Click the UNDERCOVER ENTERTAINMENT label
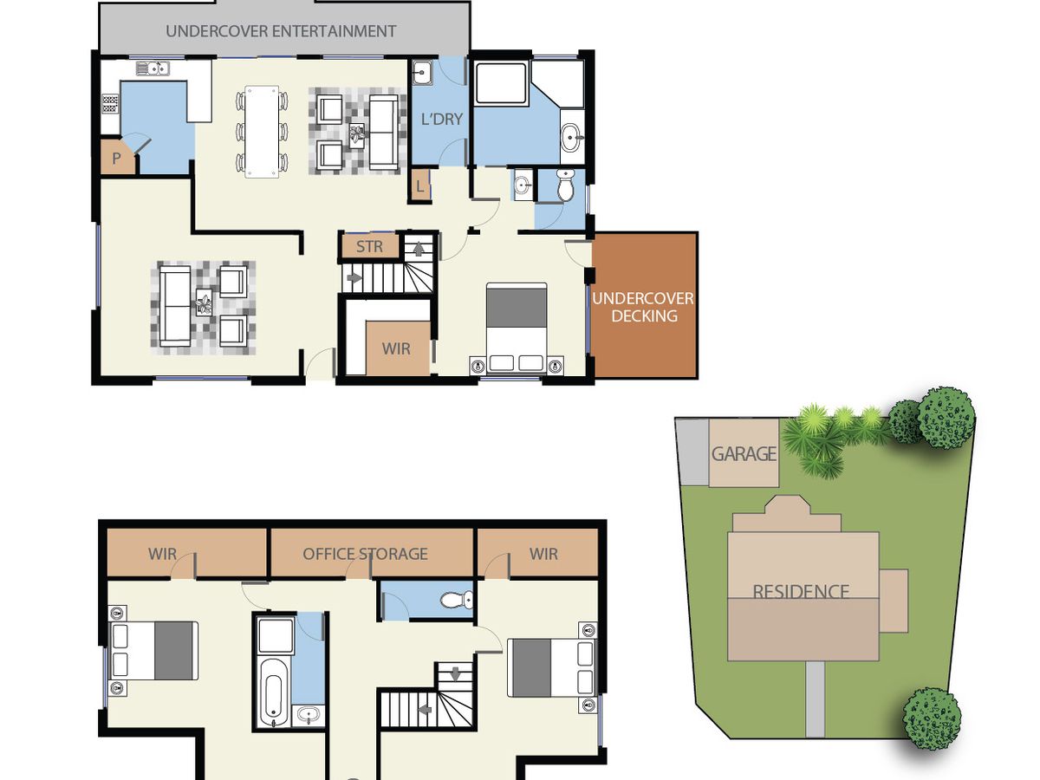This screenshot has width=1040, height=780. [x=281, y=31]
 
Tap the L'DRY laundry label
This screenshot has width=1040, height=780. [x=442, y=119]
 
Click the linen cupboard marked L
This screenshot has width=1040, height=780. [x=419, y=186]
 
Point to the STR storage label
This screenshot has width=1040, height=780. [x=369, y=246]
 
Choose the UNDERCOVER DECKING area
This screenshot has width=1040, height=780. [x=645, y=305]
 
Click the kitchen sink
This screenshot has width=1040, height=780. [x=153, y=68]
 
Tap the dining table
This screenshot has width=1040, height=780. [x=262, y=132]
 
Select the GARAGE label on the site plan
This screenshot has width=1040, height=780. [x=744, y=453]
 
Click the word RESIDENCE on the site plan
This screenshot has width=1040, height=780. [x=801, y=591]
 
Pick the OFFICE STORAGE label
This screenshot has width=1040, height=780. [x=365, y=554]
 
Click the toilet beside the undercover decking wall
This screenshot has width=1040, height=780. [x=565, y=185]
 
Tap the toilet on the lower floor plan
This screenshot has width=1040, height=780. [x=457, y=600]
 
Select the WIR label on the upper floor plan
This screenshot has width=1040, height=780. [x=396, y=349]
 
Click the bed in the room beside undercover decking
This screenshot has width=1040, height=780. [x=517, y=328]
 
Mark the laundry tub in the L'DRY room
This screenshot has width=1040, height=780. [x=422, y=73]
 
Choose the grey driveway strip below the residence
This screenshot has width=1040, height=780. [x=815, y=699]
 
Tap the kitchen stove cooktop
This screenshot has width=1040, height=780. [x=110, y=104]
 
